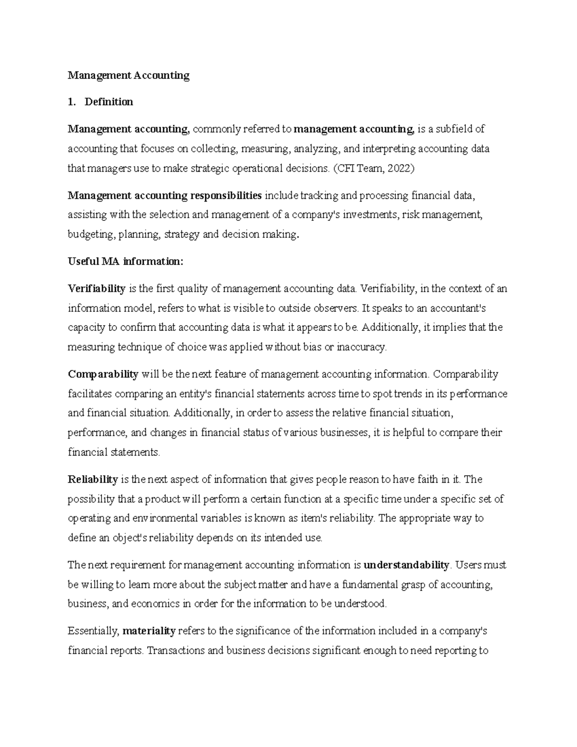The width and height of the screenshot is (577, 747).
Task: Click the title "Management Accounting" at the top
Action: tap(128, 76)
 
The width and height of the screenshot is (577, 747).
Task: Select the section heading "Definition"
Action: tap(109, 102)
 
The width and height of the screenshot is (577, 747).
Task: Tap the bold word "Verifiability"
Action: tap(97, 289)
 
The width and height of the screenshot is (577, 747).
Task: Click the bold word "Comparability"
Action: tap(103, 374)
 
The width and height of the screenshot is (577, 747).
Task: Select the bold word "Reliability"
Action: tap(93, 479)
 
